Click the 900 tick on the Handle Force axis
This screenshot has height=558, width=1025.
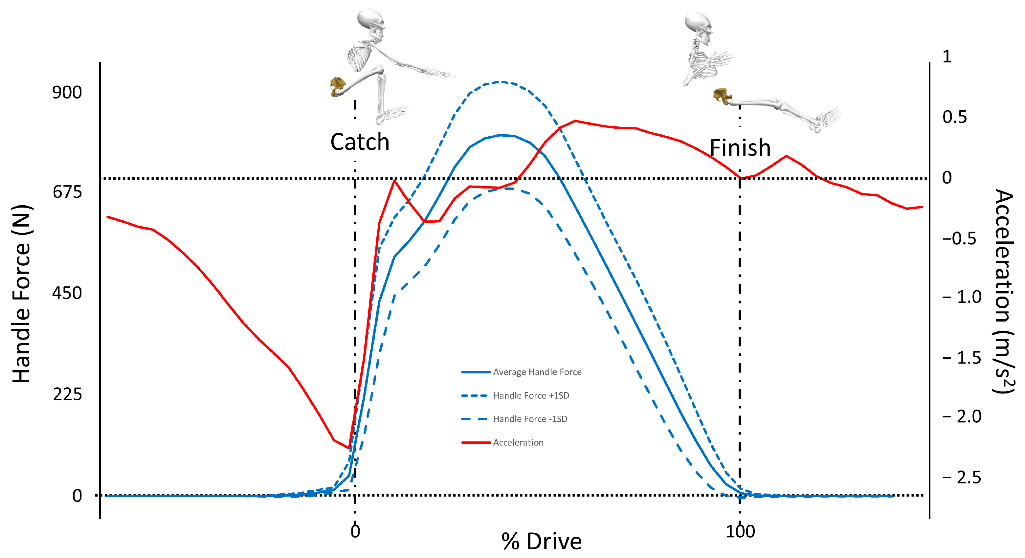click(x=67, y=92)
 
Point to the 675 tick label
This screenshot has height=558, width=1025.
click(x=67, y=192)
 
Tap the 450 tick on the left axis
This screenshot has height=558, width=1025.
click(x=67, y=293)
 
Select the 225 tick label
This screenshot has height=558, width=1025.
click(x=67, y=394)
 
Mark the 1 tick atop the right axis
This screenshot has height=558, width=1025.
click(x=947, y=57)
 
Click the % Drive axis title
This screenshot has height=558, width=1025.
click(x=542, y=542)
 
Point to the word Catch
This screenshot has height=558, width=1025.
click(x=360, y=142)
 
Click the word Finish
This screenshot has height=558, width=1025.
click(x=740, y=148)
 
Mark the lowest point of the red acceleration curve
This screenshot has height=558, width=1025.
click(x=349, y=449)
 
